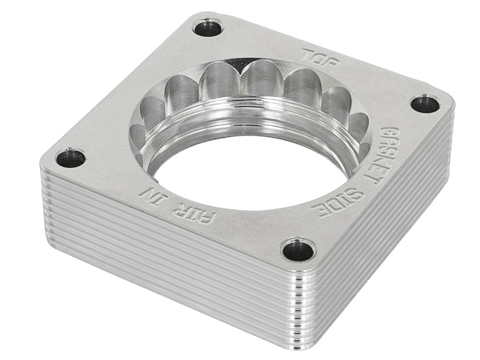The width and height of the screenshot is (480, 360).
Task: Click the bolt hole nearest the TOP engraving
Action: point(208,27)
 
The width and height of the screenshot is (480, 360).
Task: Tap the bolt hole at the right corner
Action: point(425,104)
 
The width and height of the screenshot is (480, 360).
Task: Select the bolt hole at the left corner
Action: point(70,158)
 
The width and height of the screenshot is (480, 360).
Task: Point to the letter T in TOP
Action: point(307,53)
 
